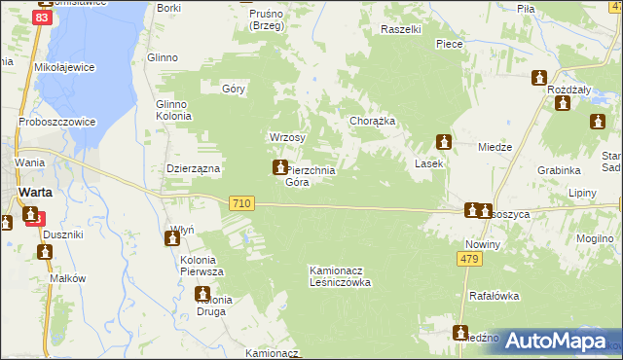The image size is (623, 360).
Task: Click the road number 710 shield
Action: [x=243, y=202]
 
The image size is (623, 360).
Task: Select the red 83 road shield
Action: [x=43, y=18]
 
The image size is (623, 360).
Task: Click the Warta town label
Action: [x=35, y=192]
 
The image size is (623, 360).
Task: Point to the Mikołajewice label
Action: [x=62, y=69]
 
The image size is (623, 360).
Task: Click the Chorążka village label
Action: [x=372, y=122]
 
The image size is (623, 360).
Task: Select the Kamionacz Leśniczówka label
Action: [x=340, y=275]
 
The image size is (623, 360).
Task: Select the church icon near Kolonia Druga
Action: [x=202, y=294]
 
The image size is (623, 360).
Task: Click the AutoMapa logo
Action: [x=554, y=342]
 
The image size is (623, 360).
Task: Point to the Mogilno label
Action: [x=594, y=237]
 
